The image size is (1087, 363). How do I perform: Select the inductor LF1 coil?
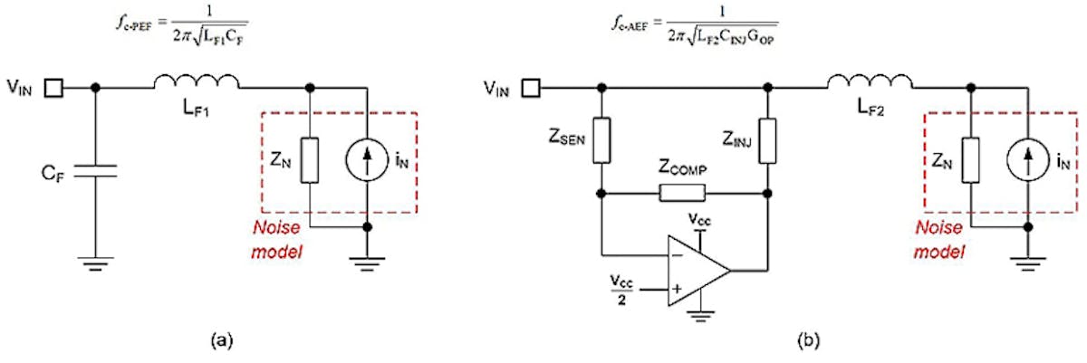tap(197, 85)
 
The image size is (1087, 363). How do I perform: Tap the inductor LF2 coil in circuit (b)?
tap(871, 85)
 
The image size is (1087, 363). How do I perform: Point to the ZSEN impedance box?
tap(601, 140)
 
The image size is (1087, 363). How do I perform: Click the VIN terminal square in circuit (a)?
tap(55, 89)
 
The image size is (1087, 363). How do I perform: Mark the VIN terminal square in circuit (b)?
tap(534, 89)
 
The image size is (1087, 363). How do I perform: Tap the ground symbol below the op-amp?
tap(697, 317)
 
